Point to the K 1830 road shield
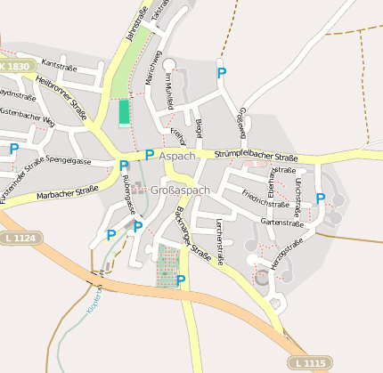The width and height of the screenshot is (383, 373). [x=15, y=67]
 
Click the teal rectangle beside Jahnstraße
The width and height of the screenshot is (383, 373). [x=124, y=112]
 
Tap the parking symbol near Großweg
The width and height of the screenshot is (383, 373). [x=222, y=72]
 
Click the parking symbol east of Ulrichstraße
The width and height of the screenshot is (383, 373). [x=321, y=199]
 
